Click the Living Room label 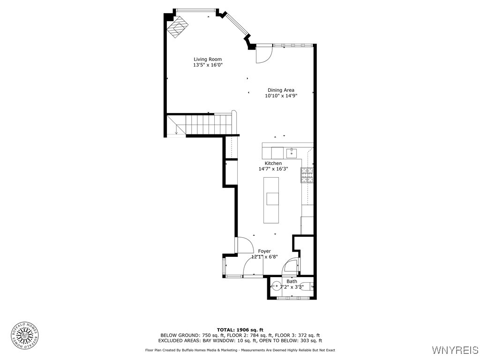(x=208, y=59)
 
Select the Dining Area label (x=281, y=90)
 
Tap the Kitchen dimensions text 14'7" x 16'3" (x=273, y=169)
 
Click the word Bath (x=292, y=281)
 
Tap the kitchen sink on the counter (x=292, y=153)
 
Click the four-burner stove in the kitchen (x=307, y=175)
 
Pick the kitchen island (x=271, y=200)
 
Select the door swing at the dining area (x=263, y=55)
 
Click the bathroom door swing (x=291, y=266)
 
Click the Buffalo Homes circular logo (x=24, y=335)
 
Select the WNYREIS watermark (x=455, y=350)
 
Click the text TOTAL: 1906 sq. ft (x=240, y=330)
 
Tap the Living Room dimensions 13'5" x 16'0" (x=208, y=65)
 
